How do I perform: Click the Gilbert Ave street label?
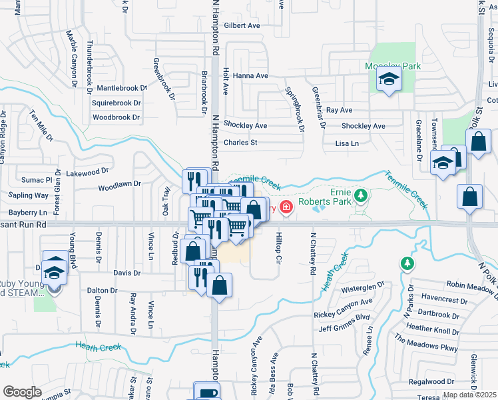pos(242,26)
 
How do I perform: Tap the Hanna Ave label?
pos(250,76)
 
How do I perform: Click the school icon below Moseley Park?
pos(387,81)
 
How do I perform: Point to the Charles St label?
pos(240,143)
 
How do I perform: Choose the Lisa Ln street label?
pos(347,143)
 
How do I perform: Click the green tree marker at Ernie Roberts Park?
pos(361,195)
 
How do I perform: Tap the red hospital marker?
pos(286,207)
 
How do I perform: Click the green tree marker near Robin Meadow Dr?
pos(407,264)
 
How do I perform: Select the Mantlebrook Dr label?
pos(121,88)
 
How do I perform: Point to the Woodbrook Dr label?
pos(117,117)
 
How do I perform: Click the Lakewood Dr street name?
pos(83,173)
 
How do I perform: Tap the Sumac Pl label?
pos(39,180)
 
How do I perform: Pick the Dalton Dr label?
pos(102,290)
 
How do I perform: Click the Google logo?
pos(22,391)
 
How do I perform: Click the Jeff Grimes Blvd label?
pos(344,328)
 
